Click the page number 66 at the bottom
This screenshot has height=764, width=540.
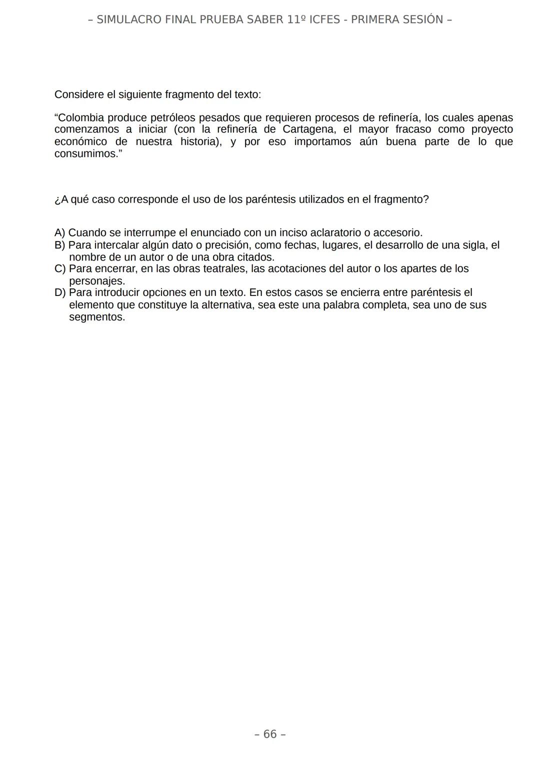[x=270, y=734]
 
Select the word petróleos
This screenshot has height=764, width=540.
[x=173, y=118]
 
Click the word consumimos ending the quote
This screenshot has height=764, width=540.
[x=85, y=153]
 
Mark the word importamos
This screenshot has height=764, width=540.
[x=322, y=141]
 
